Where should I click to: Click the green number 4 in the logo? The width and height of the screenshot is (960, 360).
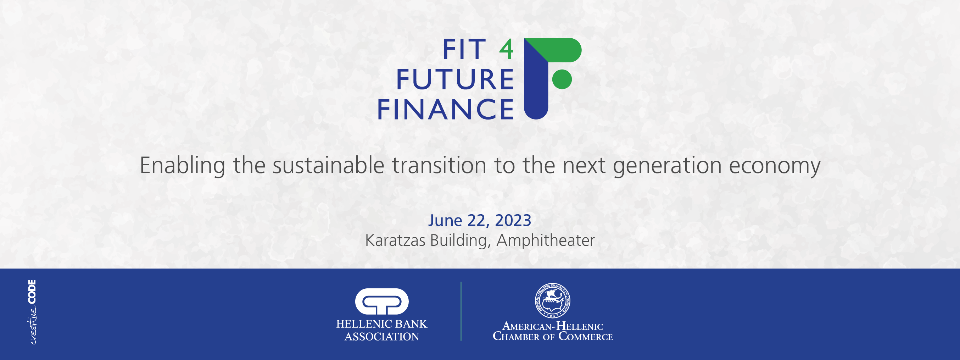(507, 50)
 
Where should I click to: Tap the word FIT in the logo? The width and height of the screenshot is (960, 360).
(464, 50)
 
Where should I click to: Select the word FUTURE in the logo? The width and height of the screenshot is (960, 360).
(455, 79)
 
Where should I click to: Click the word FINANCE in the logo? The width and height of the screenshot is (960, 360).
(446, 109)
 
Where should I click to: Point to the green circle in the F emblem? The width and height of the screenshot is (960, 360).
(562, 79)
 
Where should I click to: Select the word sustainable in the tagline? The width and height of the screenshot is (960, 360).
(328, 165)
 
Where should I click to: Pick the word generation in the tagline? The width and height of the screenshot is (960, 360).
(667, 167)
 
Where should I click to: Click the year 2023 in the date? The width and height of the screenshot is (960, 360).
(513, 220)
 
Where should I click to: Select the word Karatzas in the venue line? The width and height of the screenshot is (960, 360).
(395, 240)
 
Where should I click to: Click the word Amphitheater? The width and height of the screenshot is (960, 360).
(545, 240)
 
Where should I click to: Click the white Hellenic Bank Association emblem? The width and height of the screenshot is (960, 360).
(381, 301)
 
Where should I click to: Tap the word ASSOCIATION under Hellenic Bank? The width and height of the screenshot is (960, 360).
(381, 337)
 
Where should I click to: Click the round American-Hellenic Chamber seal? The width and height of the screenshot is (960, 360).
(552, 301)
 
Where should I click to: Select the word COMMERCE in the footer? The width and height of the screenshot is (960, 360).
(586, 336)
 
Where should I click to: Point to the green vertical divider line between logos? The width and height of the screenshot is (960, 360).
(461, 311)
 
